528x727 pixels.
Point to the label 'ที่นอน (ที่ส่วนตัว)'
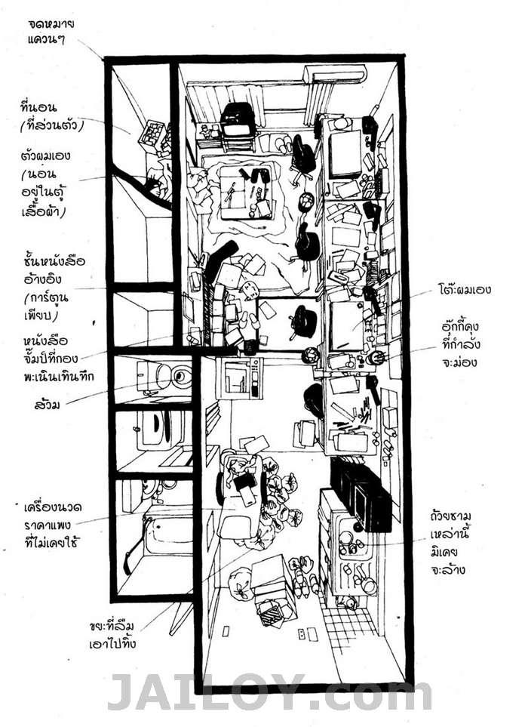coord(52,116)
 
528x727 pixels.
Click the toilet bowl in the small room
coord(178,376)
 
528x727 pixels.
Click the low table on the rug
coord(246,192)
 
